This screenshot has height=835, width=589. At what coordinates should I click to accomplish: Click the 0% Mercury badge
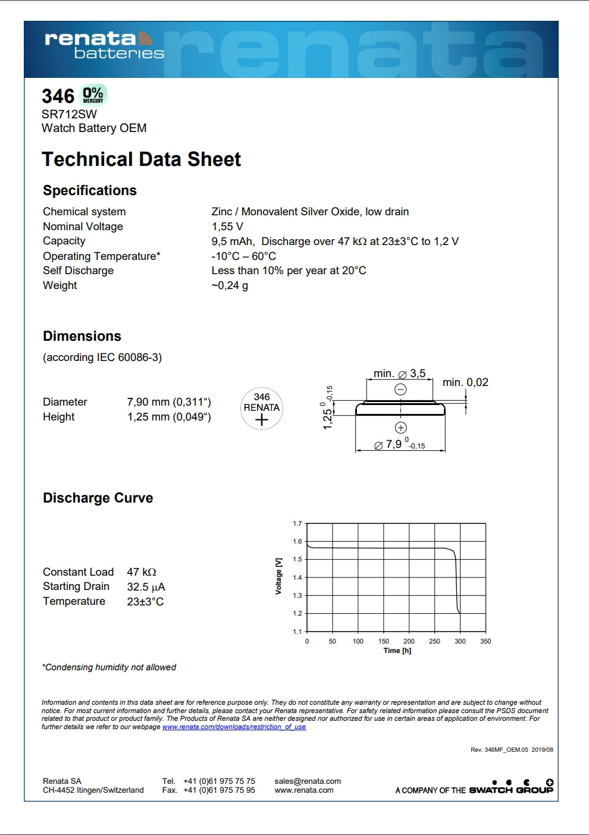click(93, 95)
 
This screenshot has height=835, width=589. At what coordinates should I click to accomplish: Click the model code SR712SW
click(69, 114)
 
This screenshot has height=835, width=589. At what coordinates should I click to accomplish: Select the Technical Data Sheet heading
click(141, 159)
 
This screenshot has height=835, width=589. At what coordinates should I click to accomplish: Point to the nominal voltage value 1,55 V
click(227, 227)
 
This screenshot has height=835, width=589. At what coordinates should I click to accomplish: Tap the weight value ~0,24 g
click(230, 285)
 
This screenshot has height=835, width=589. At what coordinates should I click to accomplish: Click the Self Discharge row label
click(78, 271)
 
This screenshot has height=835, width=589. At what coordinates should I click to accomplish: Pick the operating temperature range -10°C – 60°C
click(244, 256)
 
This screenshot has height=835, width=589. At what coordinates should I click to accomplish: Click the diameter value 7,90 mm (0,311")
click(169, 402)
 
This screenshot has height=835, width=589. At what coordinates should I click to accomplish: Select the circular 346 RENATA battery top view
click(262, 409)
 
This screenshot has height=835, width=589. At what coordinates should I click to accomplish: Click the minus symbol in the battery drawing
click(401, 390)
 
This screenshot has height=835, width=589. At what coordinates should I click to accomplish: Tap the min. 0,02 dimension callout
click(465, 382)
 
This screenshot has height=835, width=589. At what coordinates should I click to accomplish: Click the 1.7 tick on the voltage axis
click(297, 524)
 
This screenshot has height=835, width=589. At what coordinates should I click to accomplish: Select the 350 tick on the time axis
click(485, 641)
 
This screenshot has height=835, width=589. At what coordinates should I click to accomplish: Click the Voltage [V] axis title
click(278, 576)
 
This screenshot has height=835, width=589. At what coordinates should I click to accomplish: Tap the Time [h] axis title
click(397, 651)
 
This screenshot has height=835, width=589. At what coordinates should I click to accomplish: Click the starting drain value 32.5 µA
click(146, 587)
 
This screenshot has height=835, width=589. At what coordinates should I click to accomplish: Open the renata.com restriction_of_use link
click(234, 727)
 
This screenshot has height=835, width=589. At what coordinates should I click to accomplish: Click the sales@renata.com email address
click(308, 781)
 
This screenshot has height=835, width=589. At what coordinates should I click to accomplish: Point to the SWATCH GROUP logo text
click(511, 790)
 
